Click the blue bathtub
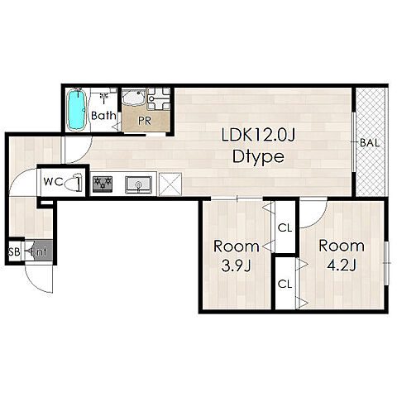click(76, 109)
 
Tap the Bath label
click(103, 116)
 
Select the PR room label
click(145, 121)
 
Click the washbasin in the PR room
click(133, 97)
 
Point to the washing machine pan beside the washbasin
click(159, 98)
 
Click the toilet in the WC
click(74, 182)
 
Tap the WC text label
click(53, 182)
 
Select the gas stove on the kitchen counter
click(103, 184)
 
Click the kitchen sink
click(138, 184)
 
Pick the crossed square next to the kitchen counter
click(170, 184)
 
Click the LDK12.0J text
click(258, 136)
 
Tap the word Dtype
click(258, 157)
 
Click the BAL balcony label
click(370, 143)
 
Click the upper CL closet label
click(285, 228)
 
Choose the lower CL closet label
click(285, 284)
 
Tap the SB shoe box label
click(14, 251)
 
